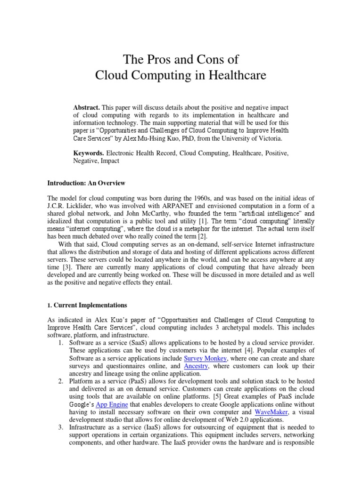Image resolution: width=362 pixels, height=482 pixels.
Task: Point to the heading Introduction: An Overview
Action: click(x=86, y=183)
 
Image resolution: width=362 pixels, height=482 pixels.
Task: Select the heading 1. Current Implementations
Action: click(x=87, y=305)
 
